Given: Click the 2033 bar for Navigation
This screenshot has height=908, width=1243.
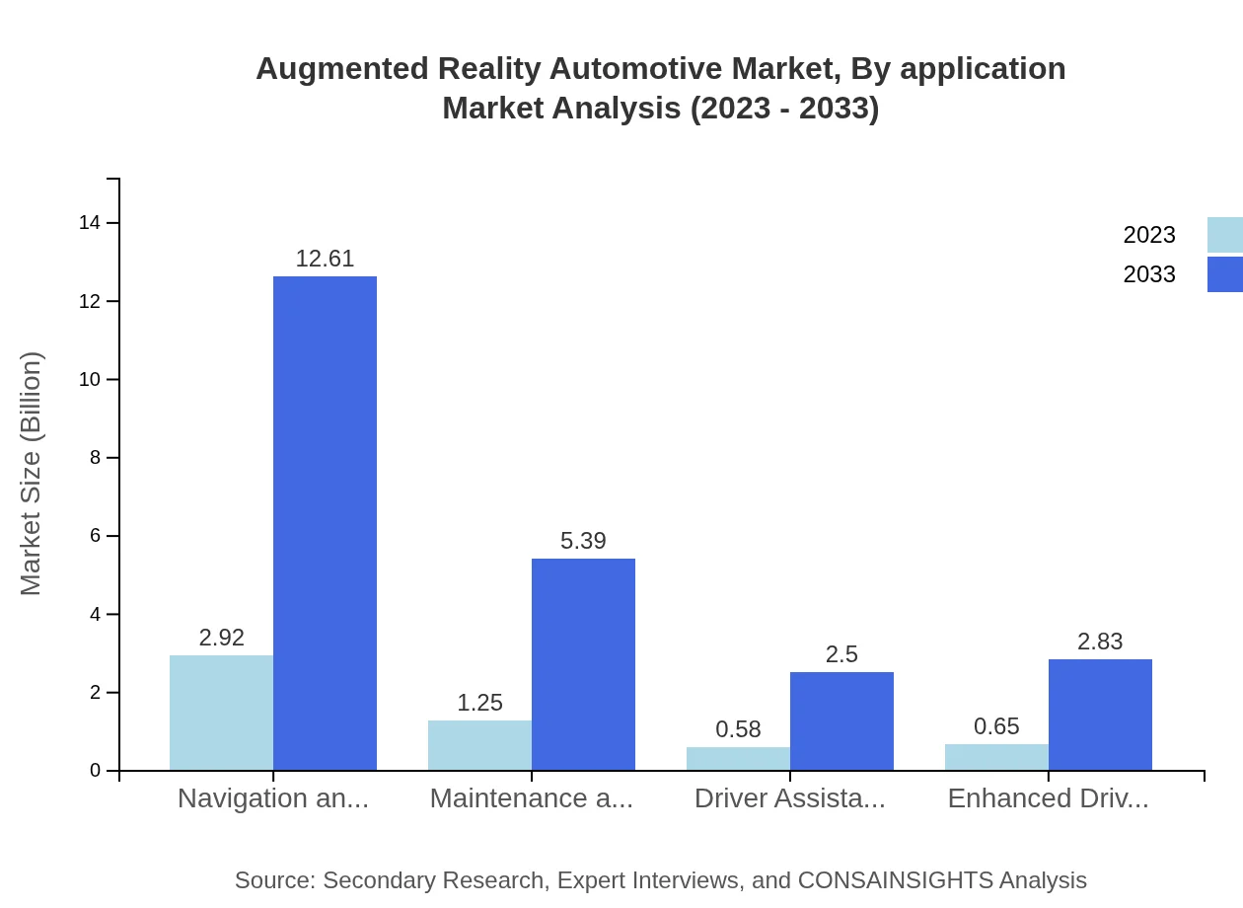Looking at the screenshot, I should (x=325, y=523).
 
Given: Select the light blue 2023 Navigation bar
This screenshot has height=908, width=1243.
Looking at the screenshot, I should (x=221, y=713).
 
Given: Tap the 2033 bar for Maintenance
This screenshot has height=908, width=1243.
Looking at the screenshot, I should (x=583, y=664).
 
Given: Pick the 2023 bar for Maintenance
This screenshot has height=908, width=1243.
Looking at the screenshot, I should (x=479, y=745).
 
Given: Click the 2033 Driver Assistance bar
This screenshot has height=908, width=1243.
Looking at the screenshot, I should (x=841, y=720).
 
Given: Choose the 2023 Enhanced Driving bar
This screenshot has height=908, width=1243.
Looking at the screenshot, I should (x=996, y=757).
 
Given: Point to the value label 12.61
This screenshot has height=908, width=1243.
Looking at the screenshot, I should (x=325, y=259).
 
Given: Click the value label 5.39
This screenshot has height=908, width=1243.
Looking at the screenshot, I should (x=583, y=541).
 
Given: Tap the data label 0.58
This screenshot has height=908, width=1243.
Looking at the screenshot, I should (x=738, y=729).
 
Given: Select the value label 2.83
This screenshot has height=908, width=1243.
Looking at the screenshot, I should (x=1100, y=642).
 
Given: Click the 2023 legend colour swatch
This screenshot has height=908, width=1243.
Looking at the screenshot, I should (x=1224, y=235).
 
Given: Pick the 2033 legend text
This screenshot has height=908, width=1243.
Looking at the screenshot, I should (x=1149, y=274).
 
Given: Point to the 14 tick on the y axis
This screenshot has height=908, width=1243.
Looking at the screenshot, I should (x=90, y=223).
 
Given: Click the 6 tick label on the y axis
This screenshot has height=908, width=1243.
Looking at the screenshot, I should (x=95, y=536).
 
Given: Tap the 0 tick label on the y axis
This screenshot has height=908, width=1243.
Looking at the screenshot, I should (x=95, y=771).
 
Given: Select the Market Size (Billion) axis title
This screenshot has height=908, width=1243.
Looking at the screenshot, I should (x=31, y=474).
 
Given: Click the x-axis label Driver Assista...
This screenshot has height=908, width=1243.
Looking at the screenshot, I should (x=789, y=798).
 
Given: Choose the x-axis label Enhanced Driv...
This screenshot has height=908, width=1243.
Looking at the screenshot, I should (x=1048, y=798).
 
